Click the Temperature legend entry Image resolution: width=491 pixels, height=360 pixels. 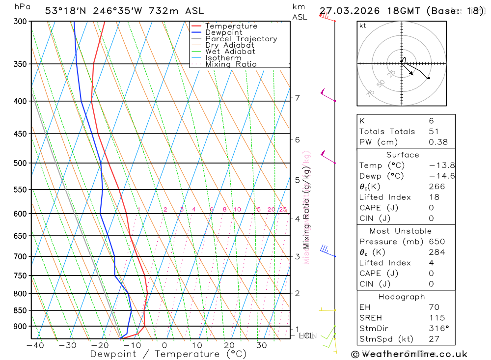(x=231, y=26)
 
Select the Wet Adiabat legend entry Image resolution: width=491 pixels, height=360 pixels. (x=230, y=52)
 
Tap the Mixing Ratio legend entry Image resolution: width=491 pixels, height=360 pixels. (x=231, y=64)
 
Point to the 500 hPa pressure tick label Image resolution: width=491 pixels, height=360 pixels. (x=20, y=163)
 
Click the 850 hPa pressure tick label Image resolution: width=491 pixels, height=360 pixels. (x=20, y=310)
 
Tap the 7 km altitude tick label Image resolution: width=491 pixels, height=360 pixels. (x=297, y=98)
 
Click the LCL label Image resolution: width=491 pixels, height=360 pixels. (x=306, y=336)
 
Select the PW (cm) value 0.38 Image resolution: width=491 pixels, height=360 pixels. (x=438, y=142)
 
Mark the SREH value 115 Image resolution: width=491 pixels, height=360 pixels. (x=435, y=318)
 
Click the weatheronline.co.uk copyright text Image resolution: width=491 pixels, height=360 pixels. (x=409, y=354)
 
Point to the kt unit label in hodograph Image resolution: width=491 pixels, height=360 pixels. (x=363, y=26)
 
